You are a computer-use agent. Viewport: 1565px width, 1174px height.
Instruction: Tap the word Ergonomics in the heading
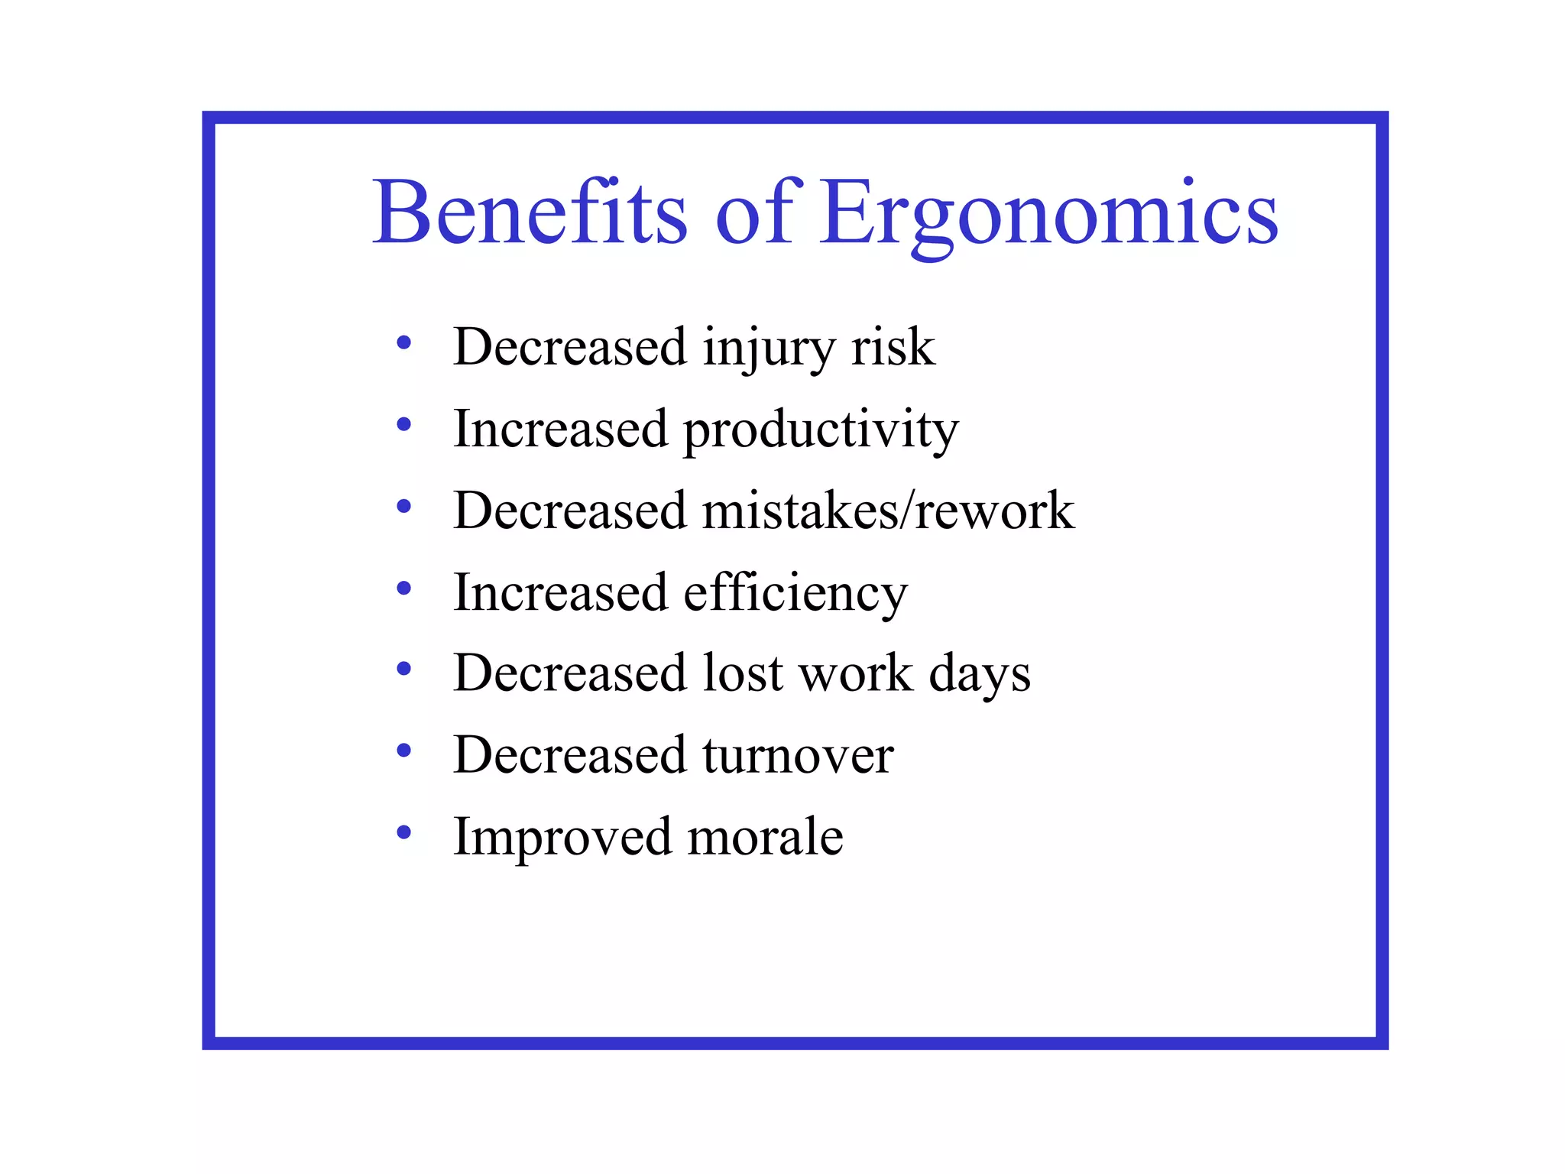click(x=1048, y=214)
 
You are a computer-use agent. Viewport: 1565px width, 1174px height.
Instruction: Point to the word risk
click(x=893, y=347)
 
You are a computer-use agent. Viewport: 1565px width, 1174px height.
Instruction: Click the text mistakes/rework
click(x=888, y=511)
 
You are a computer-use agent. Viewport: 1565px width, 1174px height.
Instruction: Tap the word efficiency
click(x=795, y=594)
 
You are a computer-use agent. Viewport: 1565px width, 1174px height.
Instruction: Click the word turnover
click(x=798, y=755)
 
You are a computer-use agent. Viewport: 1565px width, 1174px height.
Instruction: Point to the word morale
click(x=765, y=836)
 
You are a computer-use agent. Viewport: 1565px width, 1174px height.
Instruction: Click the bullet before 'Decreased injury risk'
click(x=404, y=343)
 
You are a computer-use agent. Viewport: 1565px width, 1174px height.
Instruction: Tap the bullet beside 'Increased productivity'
click(x=404, y=424)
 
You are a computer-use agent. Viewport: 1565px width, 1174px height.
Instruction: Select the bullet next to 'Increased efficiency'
click(x=404, y=588)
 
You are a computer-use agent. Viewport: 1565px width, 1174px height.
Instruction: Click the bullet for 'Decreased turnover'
click(x=404, y=751)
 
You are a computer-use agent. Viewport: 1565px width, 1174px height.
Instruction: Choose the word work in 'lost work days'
click(x=855, y=673)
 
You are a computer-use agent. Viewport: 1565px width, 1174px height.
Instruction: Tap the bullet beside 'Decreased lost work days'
click(x=404, y=669)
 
